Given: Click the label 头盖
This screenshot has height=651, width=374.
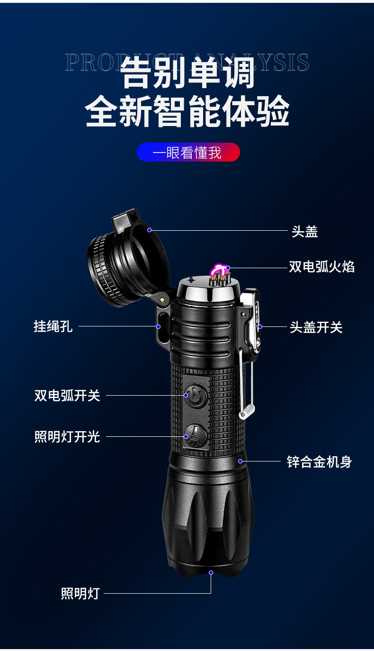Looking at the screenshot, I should tap(304, 232).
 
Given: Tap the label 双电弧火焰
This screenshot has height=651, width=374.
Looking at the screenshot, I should tap(321, 267).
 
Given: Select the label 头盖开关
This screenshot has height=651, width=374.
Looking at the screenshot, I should tap(316, 327).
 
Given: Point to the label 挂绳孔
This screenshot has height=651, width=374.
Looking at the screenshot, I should tap(53, 326).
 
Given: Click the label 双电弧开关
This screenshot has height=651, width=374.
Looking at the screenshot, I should tap(67, 396).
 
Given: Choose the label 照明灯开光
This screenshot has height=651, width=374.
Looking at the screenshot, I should tap(67, 436).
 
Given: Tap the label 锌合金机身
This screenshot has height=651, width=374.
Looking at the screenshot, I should tap(319, 462).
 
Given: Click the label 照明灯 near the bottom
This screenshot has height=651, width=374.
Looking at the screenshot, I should tap(80, 593).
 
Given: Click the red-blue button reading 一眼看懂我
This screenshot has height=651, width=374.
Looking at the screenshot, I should tap(188, 153).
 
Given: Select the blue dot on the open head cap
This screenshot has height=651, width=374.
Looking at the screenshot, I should tap(149, 230).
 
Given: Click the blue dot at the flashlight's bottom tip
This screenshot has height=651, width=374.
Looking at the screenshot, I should tap(211, 572).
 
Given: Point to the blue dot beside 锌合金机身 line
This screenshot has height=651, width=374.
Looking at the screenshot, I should tap(240, 461).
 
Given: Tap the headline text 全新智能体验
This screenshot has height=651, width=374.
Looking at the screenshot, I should tap(187, 111).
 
